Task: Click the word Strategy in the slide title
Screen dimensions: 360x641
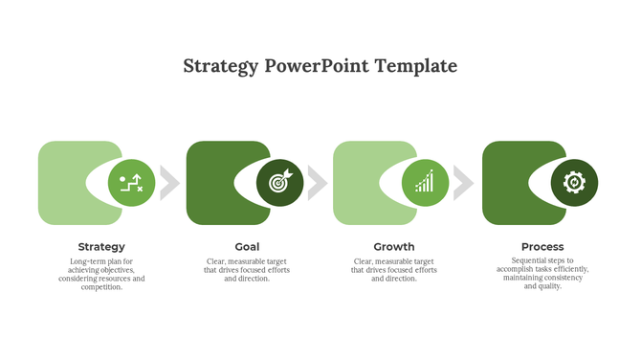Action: coord(220,66)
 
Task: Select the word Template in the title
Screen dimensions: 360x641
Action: coord(416,66)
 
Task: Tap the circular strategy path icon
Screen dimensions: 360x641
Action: coord(131,182)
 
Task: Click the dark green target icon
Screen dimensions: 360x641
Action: coord(279,182)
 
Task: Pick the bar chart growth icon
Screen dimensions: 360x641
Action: coord(425,182)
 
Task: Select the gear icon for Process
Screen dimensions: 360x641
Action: coord(574,182)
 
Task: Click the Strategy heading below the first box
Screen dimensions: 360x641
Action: coord(101,247)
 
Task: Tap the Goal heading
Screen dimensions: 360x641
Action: coord(247,247)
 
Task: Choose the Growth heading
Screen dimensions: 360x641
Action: coord(394,247)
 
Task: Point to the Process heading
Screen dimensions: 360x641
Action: coord(542,247)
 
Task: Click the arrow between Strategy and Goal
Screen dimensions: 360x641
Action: coord(169,182)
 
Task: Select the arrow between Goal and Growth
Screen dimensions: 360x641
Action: coord(317,182)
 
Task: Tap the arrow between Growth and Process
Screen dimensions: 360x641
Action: coord(464,182)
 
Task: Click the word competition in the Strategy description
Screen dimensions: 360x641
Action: coord(100,287)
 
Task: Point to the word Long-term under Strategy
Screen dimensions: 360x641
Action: coord(87,261)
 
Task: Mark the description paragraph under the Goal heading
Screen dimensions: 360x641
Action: coord(247,270)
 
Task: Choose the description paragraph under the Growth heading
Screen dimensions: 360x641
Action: coord(394,270)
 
